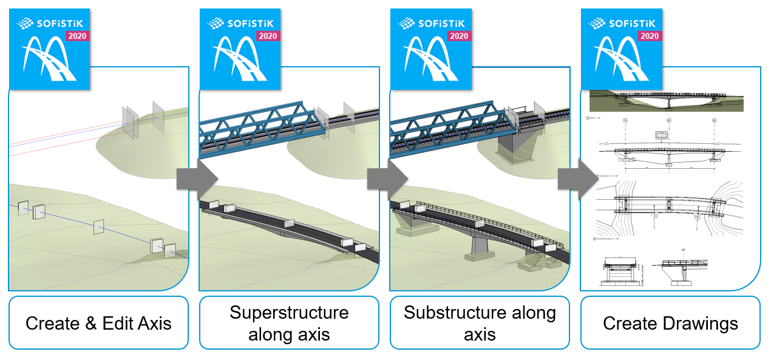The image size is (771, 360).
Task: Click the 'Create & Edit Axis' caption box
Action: pyautogui.click(x=98, y=322)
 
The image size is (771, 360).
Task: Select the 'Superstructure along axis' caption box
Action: pyautogui.click(x=289, y=322)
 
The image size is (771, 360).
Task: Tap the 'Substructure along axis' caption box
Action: pyautogui.click(x=480, y=322)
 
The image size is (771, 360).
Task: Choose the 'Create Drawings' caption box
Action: pyautogui.click(x=670, y=322)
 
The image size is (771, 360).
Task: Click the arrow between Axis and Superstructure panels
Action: pyautogui.click(x=196, y=178)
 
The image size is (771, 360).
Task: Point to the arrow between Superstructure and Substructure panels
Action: pyautogui.click(x=387, y=178)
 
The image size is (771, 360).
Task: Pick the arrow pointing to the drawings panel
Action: pyautogui.click(x=577, y=178)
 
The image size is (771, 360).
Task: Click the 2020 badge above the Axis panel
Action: pyautogui.click(x=77, y=36)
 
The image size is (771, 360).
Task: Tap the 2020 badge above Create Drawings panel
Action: pyautogui.click(x=649, y=36)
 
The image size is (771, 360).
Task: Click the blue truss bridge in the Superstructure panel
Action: pyautogui.click(x=261, y=124)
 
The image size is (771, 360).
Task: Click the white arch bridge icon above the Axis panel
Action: pyautogui.click(x=49, y=61)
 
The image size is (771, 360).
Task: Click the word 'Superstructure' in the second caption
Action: pyautogui.click(x=289, y=313)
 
